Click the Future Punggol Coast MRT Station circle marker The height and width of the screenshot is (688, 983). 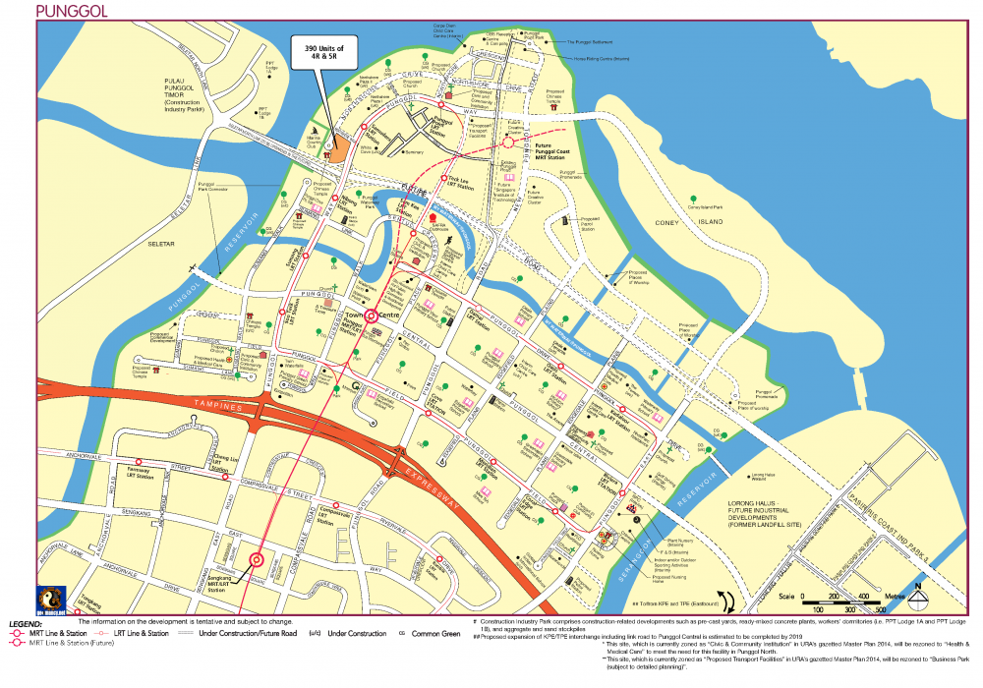pyautogui.click(x=508, y=143)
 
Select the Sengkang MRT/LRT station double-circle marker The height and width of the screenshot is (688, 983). pyautogui.click(x=257, y=560)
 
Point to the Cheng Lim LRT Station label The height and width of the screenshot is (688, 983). pyautogui.click(x=226, y=462)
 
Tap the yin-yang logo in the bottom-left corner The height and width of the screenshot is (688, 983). pyautogui.click(x=50, y=600)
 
